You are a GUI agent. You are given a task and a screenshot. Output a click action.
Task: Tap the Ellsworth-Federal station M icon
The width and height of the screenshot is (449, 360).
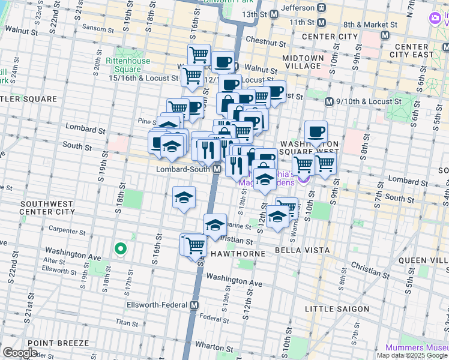pos(194,305)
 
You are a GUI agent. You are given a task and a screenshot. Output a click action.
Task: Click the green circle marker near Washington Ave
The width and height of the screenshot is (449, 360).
pos(121,248)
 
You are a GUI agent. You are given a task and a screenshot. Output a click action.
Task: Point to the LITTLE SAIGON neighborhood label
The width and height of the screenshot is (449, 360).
pos(337,309)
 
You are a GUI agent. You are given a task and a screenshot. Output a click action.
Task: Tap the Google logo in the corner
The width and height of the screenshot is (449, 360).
pos(20,352)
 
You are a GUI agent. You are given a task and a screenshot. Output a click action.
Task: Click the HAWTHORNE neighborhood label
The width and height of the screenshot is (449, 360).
pos(238,254)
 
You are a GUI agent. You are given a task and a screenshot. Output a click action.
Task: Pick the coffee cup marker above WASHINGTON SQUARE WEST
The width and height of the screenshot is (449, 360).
pos(316,131)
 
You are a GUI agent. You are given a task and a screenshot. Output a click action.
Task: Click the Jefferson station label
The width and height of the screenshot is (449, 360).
pos(297,8)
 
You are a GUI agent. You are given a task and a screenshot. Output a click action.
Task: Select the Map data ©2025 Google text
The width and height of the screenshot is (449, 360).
pos(412,355)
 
